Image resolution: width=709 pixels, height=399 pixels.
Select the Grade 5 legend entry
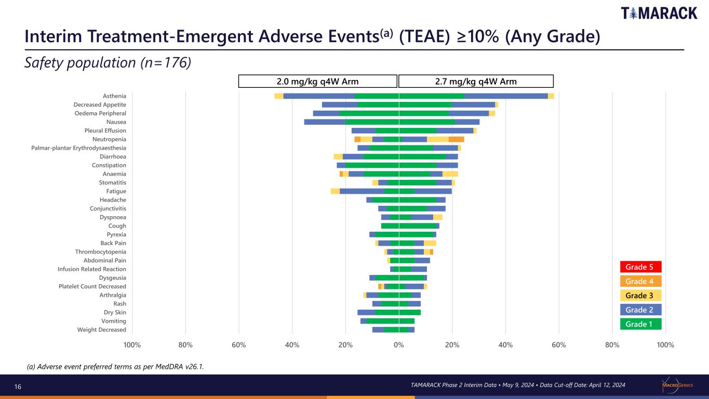coord(640,267)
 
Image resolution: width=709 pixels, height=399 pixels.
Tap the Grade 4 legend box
coord(640,281)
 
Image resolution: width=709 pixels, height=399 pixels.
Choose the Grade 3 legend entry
coord(640,296)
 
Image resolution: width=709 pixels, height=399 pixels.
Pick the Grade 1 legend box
coord(640,324)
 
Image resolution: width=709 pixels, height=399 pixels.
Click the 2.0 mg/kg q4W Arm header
coord(318,81)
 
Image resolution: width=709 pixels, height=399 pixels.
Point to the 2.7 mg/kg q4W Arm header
coord(476,81)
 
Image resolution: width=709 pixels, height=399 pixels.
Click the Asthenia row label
coord(114,96)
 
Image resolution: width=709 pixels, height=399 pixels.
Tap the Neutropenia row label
coord(109,139)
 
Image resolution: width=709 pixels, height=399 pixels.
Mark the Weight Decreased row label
coord(102,330)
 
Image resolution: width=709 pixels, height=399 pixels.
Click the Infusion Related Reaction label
coord(92,269)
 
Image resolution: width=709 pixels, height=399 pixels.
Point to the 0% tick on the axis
coord(399,345)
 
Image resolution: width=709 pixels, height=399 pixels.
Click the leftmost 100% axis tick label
coord(132,345)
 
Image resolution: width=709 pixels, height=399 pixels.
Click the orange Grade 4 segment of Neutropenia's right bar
coord(456,139)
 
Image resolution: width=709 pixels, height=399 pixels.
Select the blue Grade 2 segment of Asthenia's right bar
coord(506,96)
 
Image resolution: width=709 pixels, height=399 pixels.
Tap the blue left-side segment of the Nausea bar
coord(325,122)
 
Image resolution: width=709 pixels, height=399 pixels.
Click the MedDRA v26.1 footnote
coord(115,367)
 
